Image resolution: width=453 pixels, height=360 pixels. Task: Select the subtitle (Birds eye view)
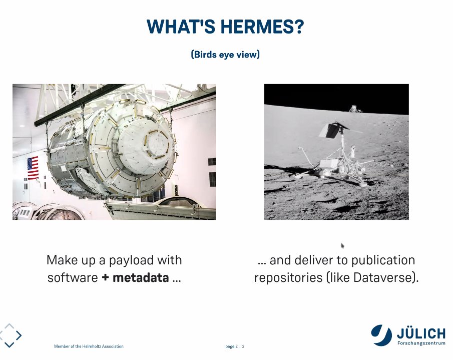point(225,55)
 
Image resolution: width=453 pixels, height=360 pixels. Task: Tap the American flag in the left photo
point(33,168)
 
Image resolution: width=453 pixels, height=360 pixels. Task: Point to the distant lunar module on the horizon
point(355,108)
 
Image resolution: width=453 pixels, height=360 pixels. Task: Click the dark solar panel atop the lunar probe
point(331,130)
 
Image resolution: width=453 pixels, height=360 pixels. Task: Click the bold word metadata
point(140,277)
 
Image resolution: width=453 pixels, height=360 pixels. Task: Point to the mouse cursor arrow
point(343,245)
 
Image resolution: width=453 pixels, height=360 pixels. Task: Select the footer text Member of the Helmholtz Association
point(89,346)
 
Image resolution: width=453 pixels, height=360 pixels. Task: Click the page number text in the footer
point(235,346)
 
